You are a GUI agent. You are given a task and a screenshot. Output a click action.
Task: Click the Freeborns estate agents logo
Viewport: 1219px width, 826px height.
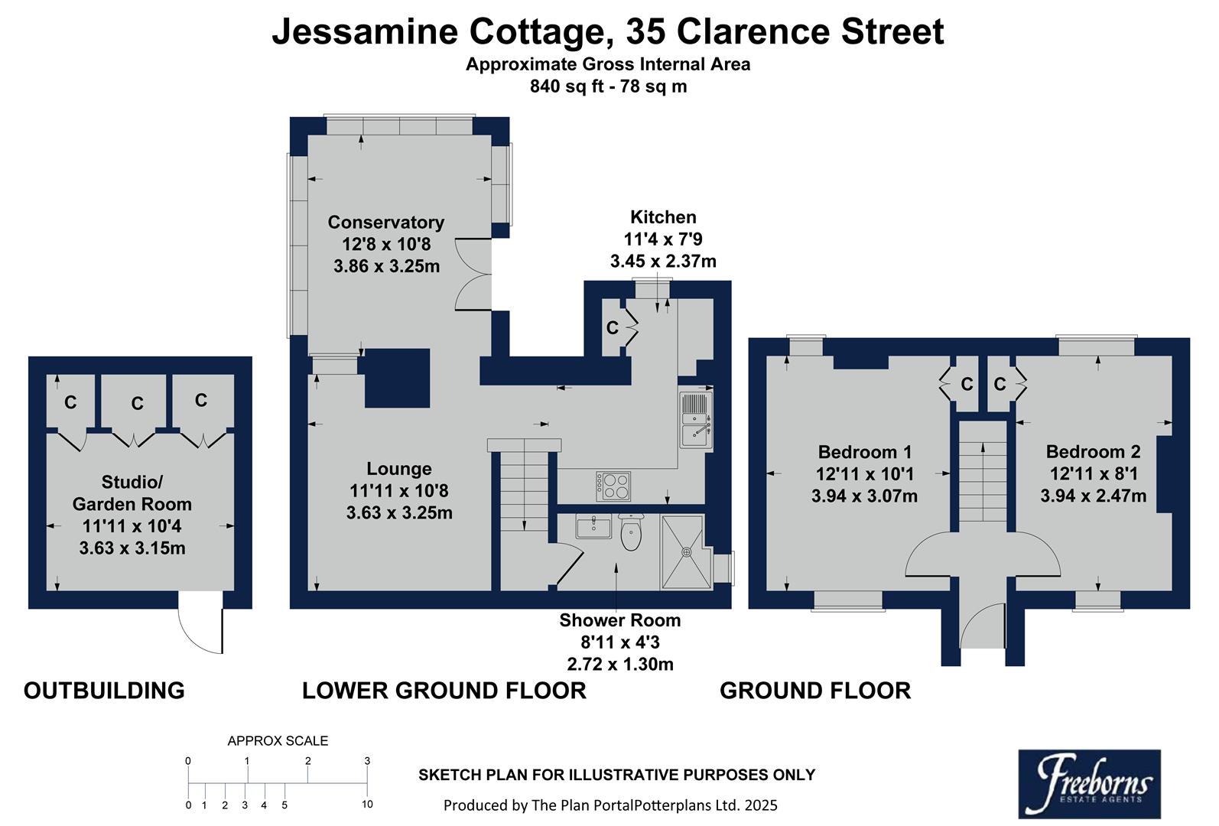coord(1089,784)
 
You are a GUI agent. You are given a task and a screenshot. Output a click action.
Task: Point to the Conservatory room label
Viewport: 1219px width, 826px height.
coord(385,223)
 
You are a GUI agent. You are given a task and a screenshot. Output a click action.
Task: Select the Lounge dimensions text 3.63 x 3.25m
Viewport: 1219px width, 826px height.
coord(399,513)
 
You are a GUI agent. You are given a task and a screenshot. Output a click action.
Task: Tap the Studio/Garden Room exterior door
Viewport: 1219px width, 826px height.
coord(200,623)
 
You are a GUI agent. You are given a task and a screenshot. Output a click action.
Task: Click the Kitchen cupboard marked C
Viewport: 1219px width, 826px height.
coord(613,328)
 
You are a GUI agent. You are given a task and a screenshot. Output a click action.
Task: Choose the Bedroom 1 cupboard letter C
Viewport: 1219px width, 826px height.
coord(966,384)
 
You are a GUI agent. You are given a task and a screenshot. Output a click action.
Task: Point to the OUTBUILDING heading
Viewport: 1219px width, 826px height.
coord(104,691)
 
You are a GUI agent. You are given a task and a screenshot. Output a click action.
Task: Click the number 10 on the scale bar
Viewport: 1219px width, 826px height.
coord(367,805)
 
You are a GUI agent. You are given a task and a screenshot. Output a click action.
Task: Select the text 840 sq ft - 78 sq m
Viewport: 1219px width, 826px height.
coord(608,86)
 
